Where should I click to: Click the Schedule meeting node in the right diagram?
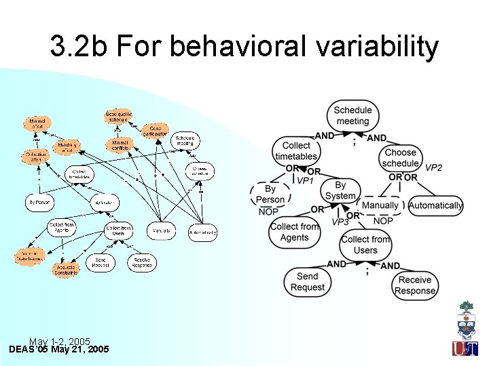tap(352, 115)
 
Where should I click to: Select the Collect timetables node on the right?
tap(296, 151)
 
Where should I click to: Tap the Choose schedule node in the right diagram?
tap(401, 158)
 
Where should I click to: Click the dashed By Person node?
tap(270, 195)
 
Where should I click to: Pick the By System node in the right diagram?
tap(340, 190)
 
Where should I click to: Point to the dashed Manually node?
tap(380, 205)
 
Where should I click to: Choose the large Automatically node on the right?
tap(435, 205)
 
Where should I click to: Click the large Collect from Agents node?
tap(294, 232)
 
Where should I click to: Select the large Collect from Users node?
tap(365, 245)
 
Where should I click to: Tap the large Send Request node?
tap(308, 281)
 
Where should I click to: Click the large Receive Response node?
tap(415, 285)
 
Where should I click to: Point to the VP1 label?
tap(305, 182)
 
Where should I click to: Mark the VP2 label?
tap(433, 167)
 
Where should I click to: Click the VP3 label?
tap(340, 222)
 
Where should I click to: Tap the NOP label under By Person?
tap(268, 212)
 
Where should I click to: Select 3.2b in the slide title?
tap(79, 47)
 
